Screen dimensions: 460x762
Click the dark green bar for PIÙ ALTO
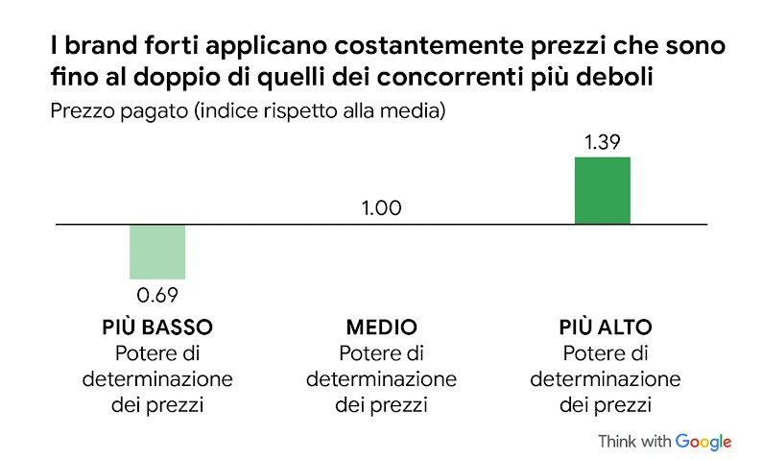coord(601,190)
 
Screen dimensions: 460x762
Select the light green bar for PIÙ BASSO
coord(157,252)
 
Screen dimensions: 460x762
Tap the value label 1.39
coord(601,143)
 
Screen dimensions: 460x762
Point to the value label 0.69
coord(157,295)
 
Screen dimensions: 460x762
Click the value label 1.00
coord(381,208)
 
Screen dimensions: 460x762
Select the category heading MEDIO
coord(381,327)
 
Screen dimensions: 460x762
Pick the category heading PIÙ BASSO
coord(157,327)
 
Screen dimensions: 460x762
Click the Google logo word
coord(703,441)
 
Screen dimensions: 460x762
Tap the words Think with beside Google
coord(634,442)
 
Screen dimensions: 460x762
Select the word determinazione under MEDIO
coord(381,378)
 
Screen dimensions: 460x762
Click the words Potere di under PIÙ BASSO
coord(157,352)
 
